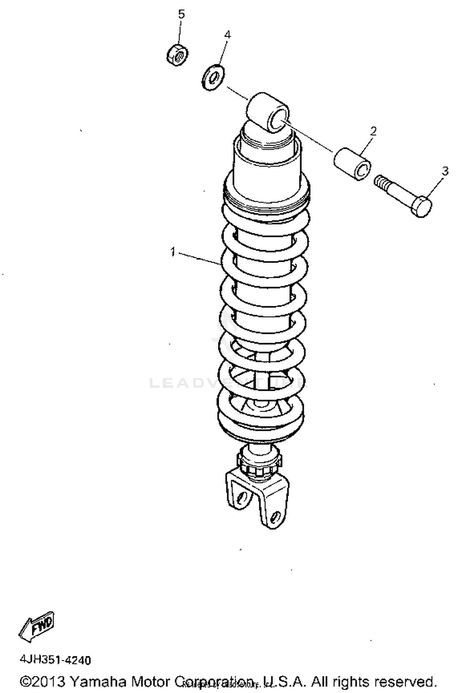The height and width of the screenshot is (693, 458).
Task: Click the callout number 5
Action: point(181,14)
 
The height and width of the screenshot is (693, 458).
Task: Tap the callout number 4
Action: point(227,34)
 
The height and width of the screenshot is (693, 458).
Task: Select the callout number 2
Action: point(373,131)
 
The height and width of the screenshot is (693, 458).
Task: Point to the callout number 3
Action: point(445,171)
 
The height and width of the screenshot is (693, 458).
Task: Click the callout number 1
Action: point(173,252)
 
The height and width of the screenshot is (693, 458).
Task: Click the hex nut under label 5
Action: point(177,55)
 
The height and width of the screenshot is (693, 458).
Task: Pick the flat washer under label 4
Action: point(213,77)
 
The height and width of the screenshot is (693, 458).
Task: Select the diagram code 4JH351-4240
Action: point(55,660)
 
